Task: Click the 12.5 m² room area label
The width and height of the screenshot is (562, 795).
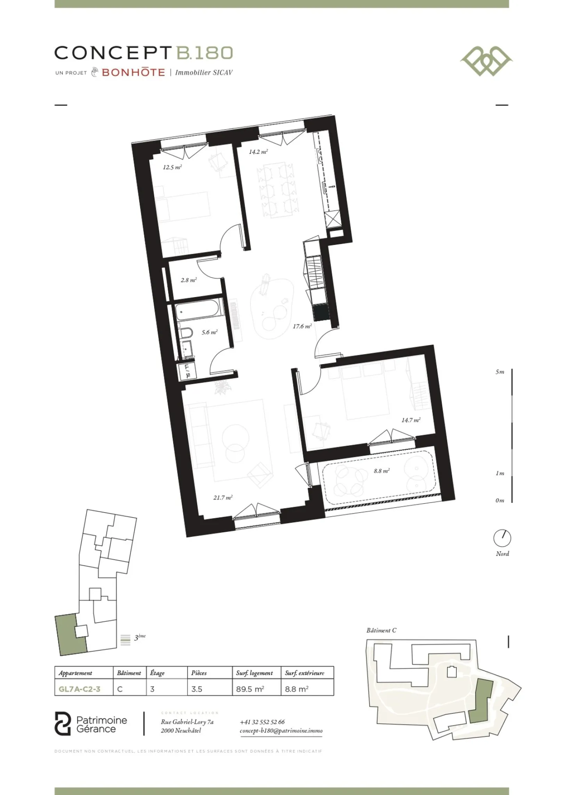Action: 172,168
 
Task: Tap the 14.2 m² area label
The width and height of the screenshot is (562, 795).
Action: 258,152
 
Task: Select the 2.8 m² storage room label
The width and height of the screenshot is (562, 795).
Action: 189,280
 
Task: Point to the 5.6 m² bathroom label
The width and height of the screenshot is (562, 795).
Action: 210,332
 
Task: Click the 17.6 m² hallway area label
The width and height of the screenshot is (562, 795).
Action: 302,326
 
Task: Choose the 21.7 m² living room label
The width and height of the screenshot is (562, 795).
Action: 223,497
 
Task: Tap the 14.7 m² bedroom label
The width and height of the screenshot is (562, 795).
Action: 411,420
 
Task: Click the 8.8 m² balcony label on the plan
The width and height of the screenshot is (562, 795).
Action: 382,471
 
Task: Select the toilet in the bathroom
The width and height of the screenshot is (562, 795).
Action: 186,333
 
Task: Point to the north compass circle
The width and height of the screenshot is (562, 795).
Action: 502,538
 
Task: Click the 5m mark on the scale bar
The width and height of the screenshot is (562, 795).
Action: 500,372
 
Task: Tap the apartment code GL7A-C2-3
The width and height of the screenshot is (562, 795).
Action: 80,689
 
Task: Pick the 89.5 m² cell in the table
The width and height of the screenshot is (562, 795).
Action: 250,689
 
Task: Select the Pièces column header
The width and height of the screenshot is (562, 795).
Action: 199,673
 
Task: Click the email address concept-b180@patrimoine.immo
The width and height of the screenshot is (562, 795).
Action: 281,731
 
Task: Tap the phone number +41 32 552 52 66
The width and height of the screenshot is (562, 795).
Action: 262,722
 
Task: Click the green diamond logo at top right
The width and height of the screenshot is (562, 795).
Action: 486,61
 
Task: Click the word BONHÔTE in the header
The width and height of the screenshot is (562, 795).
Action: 133,72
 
